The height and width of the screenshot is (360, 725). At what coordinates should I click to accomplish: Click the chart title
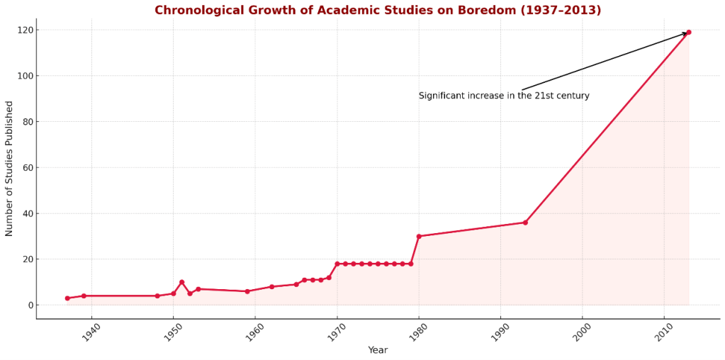click(378, 11)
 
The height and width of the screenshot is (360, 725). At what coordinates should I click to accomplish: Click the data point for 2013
click(688, 33)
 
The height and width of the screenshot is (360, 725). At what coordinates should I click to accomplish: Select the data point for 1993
click(525, 223)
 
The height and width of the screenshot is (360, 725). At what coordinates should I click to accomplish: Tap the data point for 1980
click(419, 236)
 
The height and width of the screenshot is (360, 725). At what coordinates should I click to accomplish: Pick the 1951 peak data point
click(181, 282)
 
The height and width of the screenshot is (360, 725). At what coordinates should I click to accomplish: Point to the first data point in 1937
click(67, 298)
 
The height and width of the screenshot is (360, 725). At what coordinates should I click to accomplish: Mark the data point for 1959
click(247, 291)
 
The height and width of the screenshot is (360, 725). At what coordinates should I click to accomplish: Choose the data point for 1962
click(271, 287)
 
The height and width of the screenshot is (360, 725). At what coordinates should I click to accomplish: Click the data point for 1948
click(157, 296)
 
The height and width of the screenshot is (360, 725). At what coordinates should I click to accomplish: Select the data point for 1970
click(337, 264)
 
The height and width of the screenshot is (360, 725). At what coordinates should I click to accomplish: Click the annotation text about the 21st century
click(504, 96)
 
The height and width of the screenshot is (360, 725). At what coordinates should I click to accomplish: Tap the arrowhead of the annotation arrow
click(685, 33)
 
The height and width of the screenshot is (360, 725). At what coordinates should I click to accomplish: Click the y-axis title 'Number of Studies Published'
click(10, 168)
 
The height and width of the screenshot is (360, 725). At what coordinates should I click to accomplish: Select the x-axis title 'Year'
click(378, 350)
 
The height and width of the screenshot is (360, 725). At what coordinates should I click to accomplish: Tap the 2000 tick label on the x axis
click(581, 332)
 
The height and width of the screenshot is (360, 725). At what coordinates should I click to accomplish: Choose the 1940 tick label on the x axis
click(91, 332)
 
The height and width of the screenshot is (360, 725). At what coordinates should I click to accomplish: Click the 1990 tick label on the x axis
click(500, 332)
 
